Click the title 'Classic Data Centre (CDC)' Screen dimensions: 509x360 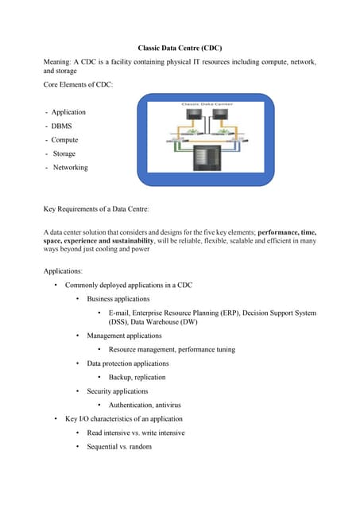(179, 49)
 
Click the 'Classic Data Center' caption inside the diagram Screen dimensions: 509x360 (206, 105)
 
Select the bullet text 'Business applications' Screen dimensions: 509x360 (118, 299)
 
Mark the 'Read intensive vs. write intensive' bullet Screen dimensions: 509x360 (136, 433)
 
